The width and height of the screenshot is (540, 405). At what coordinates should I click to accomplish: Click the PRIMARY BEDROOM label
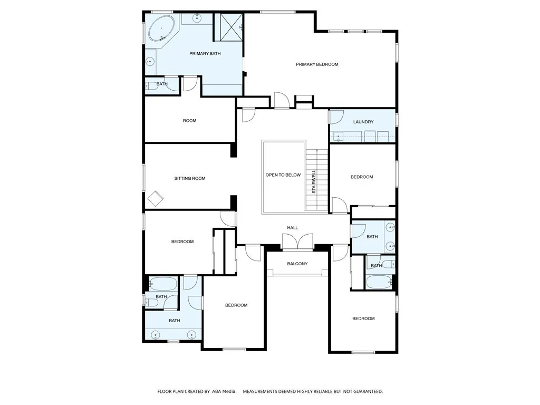pyautogui.click(x=317, y=64)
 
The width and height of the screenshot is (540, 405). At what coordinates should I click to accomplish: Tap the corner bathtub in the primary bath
pyautogui.click(x=161, y=28)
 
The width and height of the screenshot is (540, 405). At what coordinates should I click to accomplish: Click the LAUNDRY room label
pyautogui.click(x=363, y=122)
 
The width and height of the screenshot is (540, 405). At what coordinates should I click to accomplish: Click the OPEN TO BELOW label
pyautogui.click(x=283, y=175)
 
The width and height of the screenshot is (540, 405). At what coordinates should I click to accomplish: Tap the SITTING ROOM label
pyautogui.click(x=190, y=178)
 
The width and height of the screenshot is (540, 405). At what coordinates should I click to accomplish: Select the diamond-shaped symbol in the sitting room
pyautogui.click(x=156, y=199)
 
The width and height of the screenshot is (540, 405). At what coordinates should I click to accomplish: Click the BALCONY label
pyautogui.click(x=297, y=264)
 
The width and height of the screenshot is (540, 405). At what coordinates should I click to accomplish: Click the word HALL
pyautogui.click(x=292, y=228)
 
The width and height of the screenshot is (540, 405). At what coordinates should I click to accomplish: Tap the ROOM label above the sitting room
pyautogui.click(x=189, y=121)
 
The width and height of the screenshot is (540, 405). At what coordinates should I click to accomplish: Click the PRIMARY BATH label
pyautogui.click(x=205, y=53)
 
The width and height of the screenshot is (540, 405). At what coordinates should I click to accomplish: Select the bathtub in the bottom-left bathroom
pyautogui.click(x=163, y=284)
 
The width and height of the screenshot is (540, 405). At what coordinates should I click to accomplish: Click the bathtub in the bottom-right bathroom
pyautogui.click(x=379, y=282)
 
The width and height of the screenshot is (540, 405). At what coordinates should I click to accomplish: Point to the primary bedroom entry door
pyautogui.click(x=282, y=101)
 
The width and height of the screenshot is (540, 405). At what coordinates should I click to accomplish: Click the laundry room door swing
pyautogui.click(x=336, y=117)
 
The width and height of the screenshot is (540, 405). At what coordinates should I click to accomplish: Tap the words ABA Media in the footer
pyautogui.click(x=223, y=391)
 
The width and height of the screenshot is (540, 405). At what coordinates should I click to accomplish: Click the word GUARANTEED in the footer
pyautogui.click(x=363, y=391)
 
